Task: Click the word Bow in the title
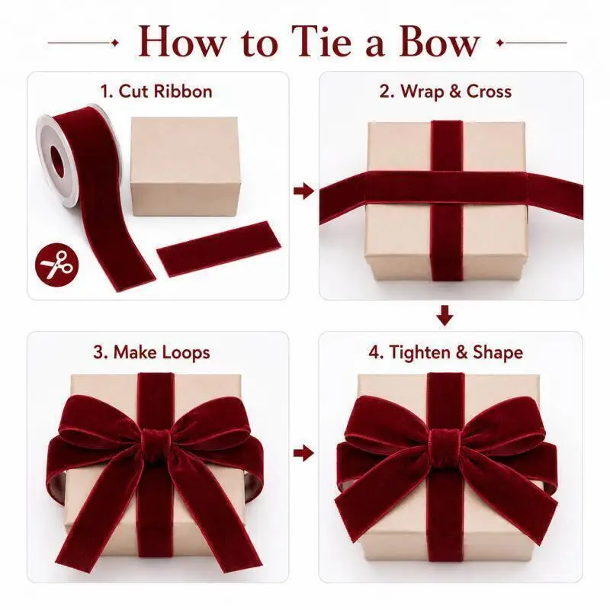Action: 439,41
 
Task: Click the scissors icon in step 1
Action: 56,265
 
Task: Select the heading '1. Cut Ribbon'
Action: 156,91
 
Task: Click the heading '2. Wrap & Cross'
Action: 445,91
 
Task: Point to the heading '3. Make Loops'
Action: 152,352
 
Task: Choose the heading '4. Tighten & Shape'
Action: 446,352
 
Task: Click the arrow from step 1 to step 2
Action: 303,191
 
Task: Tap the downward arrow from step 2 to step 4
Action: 445,316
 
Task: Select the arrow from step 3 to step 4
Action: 303,453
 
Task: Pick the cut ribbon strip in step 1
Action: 218,249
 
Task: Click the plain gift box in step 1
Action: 185,166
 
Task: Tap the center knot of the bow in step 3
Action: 156,445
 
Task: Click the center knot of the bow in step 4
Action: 445,445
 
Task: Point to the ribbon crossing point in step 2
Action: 447,188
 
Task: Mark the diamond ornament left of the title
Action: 115,43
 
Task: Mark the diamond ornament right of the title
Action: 500,43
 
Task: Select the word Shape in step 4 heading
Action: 498,353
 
